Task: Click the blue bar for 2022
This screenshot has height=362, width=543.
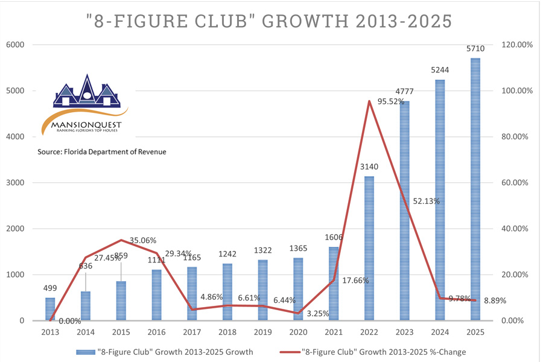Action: click(x=369, y=248)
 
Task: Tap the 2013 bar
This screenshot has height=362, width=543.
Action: click(x=50, y=309)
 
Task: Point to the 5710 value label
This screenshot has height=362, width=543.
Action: click(x=475, y=49)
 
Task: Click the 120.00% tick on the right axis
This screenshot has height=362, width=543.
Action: click(x=513, y=45)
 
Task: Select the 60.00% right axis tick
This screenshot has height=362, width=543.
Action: click(x=513, y=183)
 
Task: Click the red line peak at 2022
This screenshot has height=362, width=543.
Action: click(x=369, y=101)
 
